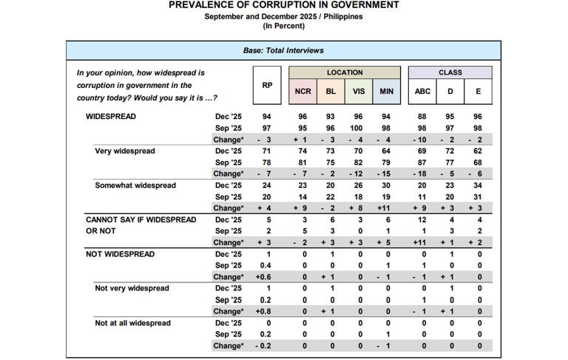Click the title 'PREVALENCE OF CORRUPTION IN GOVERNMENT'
pyautogui.click(x=284, y=5)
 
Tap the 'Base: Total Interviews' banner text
pyautogui.click(x=284, y=50)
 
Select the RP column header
pyautogui.click(x=267, y=85)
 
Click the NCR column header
pyautogui.click(x=302, y=91)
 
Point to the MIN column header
pyautogui.click(x=386, y=91)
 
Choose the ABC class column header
pyautogui.click(x=423, y=91)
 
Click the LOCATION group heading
pyautogui.click(x=345, y=72)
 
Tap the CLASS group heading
pyautogui.click(x=450, y=72)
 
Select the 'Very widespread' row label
pyautogui.click(x=125, y=151)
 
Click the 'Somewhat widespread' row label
pyautogui.click(x=135, y=186)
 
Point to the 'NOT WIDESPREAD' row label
pyautogui.click(x=121, y=254)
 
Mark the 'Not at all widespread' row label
pyautogui.click(x=133, y=323)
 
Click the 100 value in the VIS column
pyautogui.click(x=359, y=128)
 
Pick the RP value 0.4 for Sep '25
pyautogui.click(x=267, y=265)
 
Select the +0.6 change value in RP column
pyautogui.click(x=267, y=277)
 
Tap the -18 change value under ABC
pyautogui.click(x=422, y=174)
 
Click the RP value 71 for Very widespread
pyautogui.click(x=267, y=151)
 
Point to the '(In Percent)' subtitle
pyautogui.click(x=284, y=26)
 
